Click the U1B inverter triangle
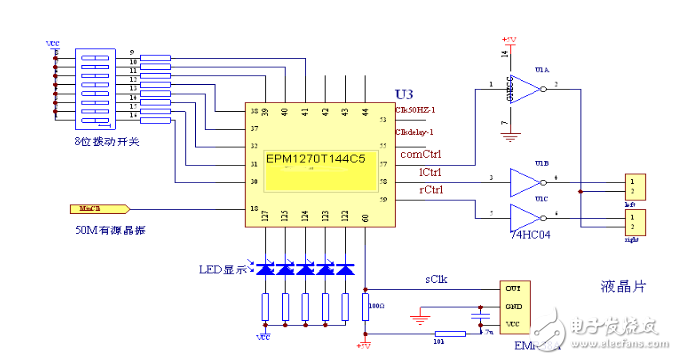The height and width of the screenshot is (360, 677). pyautogui.click(x=524, y=182)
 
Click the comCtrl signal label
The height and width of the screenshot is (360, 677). pyautogui.click(x=421, y=155)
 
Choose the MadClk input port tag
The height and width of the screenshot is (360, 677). pyautogui.click(x=97, y=209)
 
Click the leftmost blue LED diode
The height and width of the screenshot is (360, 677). pyautogui.click(x=267, y=271)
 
